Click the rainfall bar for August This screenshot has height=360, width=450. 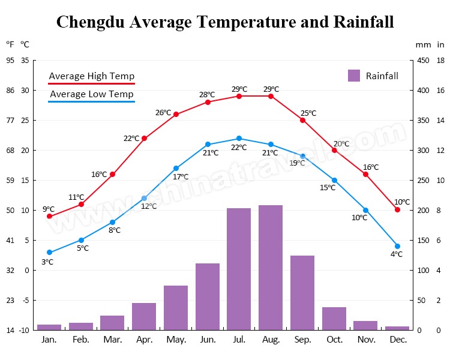[271, 268]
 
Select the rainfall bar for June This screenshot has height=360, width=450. [208, 296]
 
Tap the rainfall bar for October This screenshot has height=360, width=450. [334, 319]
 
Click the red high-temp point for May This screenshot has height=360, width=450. [176, 114]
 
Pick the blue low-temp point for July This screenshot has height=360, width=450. [239, 139]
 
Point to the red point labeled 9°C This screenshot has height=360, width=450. [49, 216]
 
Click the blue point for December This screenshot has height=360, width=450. [397, 247]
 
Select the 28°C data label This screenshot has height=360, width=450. [207, 94]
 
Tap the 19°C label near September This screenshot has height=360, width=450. [297, 163]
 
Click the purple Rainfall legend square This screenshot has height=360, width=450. [354, 76]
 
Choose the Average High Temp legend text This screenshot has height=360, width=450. [92, 76]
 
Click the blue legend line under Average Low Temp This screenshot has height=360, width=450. [92, 101]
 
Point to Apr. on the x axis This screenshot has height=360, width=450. [145, 340]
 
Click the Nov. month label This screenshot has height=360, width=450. [366, 340]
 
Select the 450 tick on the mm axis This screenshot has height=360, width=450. [423, 61]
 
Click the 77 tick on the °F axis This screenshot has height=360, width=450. [10, 120]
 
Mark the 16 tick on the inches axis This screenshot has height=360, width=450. [440, 91]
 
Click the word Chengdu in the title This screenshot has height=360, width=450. [91, 22]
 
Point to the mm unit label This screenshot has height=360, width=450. [423, 45]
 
